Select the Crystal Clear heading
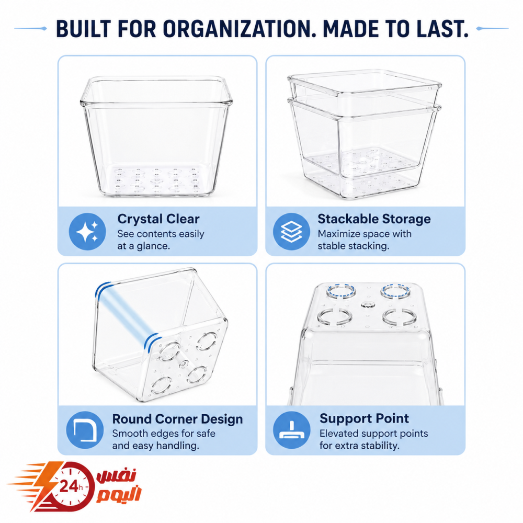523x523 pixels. click(x=158, y=219)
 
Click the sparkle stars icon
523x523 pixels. click(x=87, y=232)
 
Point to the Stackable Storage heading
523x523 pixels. click(x=374, y=219)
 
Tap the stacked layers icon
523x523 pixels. click(x=291, y=232)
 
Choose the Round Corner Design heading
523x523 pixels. click(x=177, y=419)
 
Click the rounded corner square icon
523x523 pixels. click(x=85, y=430)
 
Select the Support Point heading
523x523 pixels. click(x=364, y=418)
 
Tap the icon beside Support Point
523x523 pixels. click(x=291, y=430)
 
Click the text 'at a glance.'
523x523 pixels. click(x=144, y=246)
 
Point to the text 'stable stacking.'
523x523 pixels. click(x=353, y=246)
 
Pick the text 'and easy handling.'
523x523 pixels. click(x=155, y=446)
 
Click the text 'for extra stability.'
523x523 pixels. click(x=359, y=446)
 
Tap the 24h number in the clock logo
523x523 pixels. click(x=71, y=486)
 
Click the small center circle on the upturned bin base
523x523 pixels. click(x=367, y=304)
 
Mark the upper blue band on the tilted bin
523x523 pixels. click(x=103, y=289)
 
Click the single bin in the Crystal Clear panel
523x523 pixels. click(x=156, y=137)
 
